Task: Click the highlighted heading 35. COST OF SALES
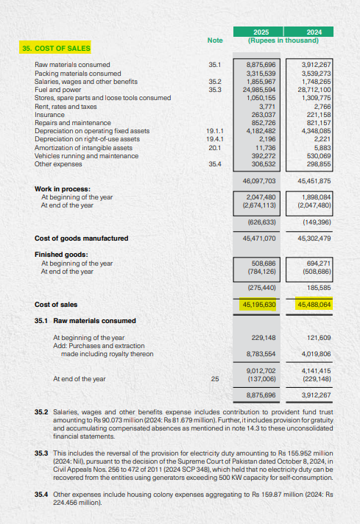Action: [56, 49]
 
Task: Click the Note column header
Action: [215, 40]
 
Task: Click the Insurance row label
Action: [49, 114]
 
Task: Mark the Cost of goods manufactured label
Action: [81, 238]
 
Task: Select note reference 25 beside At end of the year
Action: [215, 379]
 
